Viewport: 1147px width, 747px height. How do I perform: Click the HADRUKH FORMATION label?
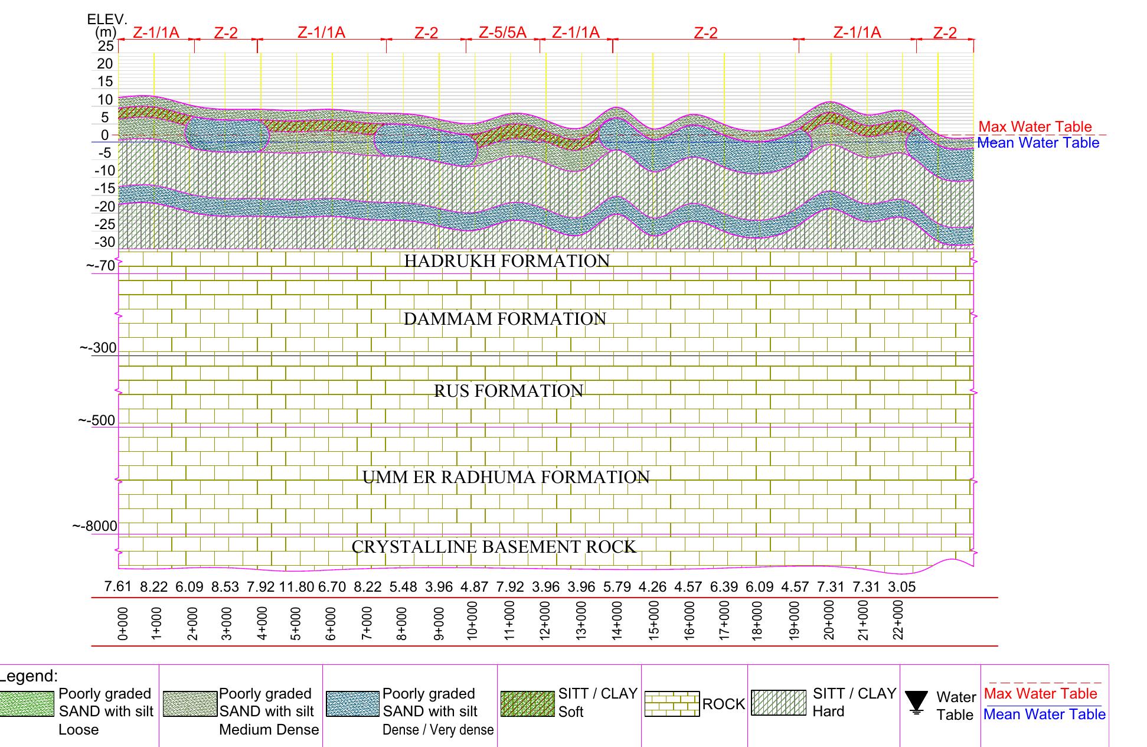tap(506, 261)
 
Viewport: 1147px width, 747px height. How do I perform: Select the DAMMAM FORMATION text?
tap(505, 319)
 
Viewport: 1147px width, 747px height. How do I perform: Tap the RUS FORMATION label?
tap(508, 391)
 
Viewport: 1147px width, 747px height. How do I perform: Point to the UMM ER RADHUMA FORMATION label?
tap(506, 477)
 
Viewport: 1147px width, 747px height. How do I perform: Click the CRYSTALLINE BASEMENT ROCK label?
tap(494, 547)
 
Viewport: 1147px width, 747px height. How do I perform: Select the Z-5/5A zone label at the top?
tap(502, 32)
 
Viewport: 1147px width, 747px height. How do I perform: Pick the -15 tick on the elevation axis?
tap(106, 188)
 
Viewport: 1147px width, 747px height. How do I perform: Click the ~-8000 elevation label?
tap(95, 526)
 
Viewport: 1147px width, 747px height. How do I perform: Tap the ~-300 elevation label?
tap(99, 348)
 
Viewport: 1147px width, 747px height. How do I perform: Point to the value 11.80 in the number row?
tap(296, 587)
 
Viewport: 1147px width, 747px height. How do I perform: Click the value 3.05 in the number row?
tap(901, 587)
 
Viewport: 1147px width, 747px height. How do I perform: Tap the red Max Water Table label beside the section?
tap(1035, 127)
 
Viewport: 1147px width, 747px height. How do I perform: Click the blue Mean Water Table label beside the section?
tap(1038, 143)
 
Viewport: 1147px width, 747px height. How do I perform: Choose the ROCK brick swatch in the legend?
tap(672, 704)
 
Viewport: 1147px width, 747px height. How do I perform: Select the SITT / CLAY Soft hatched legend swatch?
tap(527, 704)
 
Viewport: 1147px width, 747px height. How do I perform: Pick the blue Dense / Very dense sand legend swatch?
tap(352, 704)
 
